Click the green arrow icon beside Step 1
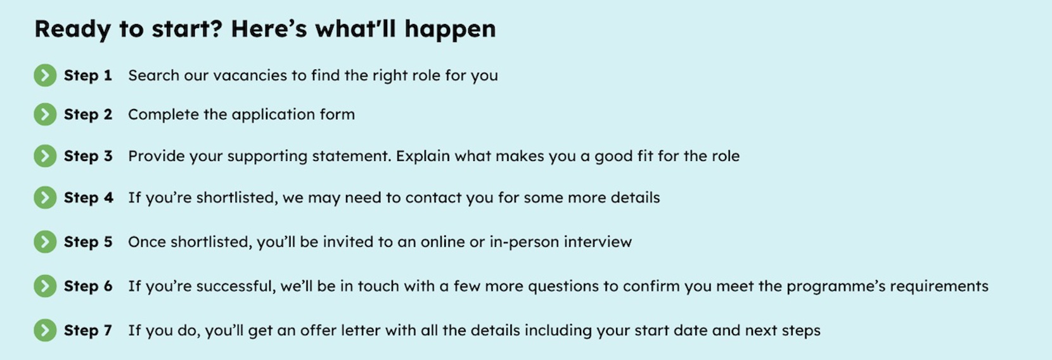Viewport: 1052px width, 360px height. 45,75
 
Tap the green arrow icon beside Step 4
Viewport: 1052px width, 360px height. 45,197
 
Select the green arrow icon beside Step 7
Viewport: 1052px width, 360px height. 45,330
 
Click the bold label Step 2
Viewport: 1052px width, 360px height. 88,115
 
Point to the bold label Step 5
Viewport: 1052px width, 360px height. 88,242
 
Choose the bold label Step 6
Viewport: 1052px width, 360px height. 88,286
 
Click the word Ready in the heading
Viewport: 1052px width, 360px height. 73,30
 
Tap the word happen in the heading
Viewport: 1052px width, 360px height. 450,30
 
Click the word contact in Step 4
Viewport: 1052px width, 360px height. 433,198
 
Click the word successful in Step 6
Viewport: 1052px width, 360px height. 236,286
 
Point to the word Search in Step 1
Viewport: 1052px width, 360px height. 154,75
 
